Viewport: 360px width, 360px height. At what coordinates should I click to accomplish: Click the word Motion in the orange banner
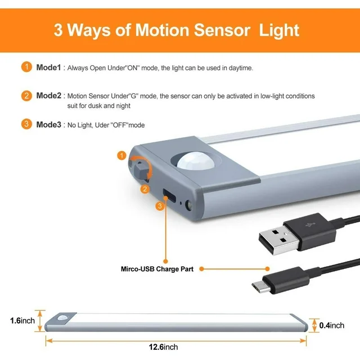162,30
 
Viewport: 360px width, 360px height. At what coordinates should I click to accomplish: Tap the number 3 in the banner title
58,30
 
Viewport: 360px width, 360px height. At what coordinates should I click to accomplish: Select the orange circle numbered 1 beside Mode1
26,67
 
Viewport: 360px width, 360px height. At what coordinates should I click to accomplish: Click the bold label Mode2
49,96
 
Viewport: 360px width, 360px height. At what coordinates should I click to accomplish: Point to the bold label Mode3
49,124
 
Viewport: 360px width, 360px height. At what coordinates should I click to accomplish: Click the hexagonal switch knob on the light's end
140,170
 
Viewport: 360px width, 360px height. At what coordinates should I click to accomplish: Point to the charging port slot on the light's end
169,195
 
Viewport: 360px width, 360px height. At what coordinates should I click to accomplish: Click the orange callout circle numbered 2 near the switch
145,189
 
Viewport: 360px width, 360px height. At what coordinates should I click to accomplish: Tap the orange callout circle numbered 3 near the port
160,206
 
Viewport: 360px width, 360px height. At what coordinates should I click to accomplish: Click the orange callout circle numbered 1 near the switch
121,155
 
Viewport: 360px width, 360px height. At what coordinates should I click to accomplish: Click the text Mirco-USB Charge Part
157,269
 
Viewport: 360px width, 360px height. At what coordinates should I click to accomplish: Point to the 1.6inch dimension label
22,321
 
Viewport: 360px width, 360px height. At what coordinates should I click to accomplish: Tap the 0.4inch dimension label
332,325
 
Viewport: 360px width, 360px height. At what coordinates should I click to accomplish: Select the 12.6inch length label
163,347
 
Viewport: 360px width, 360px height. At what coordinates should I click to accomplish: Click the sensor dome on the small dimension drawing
63,318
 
